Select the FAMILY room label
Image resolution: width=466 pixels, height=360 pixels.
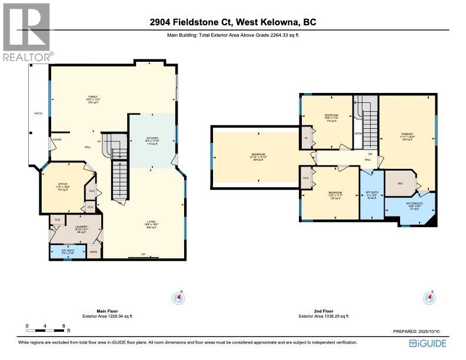[93, 96]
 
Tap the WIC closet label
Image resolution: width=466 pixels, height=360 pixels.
[400, 184]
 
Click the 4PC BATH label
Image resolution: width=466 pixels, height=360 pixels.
[371, 192]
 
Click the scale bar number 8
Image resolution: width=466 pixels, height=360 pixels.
[63, 325]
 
